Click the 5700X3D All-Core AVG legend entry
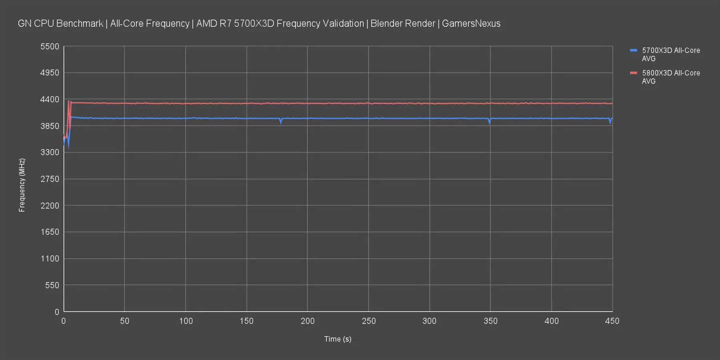tap(670, 54)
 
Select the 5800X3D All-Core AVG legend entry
tap(670, 77)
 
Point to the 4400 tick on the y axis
tap(50, 99)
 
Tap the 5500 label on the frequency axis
tap(50, 46)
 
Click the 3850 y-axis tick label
tap(50, 126)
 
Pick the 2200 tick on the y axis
tap(50, 206)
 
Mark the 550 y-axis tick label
tap(52, 285)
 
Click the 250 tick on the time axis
tap(368, 321)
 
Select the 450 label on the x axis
tap(612, 321)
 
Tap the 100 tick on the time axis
tap(186, 321)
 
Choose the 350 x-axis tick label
tap(490, 321)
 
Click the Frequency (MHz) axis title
tap(22, 185)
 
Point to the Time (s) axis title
tap(338, 339)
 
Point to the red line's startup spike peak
tap(68, 101)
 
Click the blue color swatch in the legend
tap(633, 50)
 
